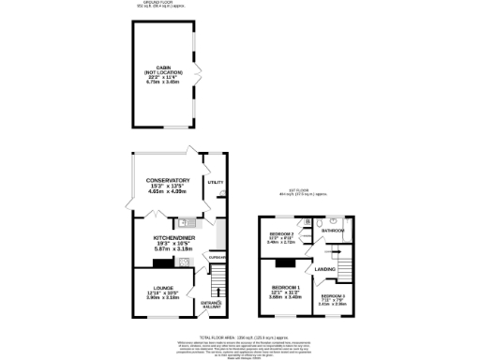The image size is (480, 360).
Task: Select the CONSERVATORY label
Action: [x=168, y=180]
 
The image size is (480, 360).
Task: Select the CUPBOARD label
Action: [x=217, y=258]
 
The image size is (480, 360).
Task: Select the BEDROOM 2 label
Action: [x=282, y=232]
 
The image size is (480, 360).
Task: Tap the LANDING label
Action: [x=325, y=269]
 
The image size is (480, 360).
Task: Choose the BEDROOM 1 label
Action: [x=285, y=287]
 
